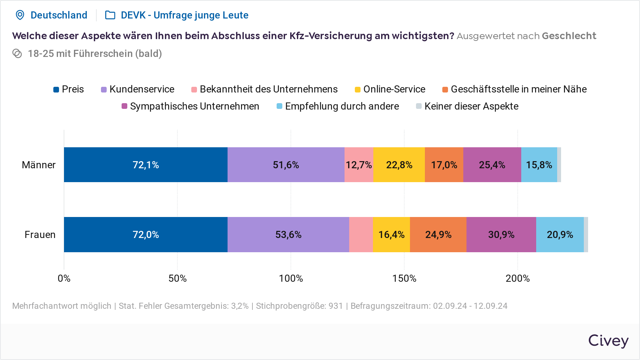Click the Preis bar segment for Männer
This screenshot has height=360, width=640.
pos(146,165)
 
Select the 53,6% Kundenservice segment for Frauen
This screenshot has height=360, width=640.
pos(288,234)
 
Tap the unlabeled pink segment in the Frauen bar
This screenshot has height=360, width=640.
pos(361,234)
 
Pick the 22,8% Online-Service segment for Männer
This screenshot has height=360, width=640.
pos(399,165)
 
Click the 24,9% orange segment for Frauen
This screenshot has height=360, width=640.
pos(438,234)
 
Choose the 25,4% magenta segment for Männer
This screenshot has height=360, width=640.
pos(492,165)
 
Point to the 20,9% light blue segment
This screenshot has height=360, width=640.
pos(560,234)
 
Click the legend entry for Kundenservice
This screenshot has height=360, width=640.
pos(142,89)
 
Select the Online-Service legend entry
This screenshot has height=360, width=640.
pos(394,89)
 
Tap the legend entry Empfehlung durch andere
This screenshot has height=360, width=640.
pos(342,106)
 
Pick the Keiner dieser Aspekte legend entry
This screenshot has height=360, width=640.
pos(471,106)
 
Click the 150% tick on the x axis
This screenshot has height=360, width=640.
pos(404,278)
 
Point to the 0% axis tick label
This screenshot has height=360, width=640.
pos(64,278)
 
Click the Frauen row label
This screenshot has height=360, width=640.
pos(40,235)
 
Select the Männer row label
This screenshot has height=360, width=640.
pos(38,165)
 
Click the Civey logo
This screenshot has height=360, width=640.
pos(608,341)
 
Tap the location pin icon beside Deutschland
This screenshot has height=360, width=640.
pos(20,15)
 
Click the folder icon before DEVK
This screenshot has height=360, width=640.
pos(110,15)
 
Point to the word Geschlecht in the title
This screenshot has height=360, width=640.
pos(569,36)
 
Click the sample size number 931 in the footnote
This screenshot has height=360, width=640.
pos(335,306)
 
